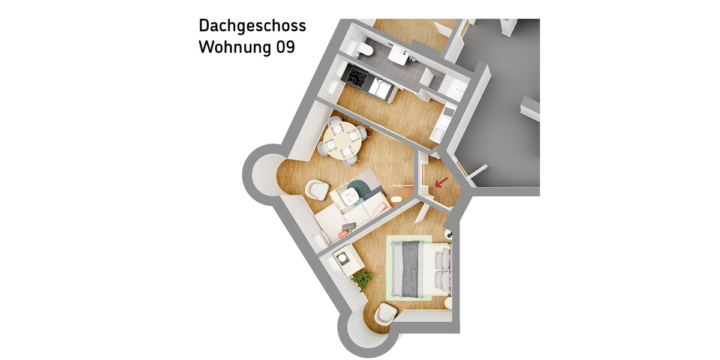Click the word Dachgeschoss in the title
[x=252, y=26]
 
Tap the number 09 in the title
[x=285, y=47]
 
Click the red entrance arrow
[x=440, y=182]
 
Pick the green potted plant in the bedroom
[x=362, y=278]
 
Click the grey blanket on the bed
[x=411, y=268]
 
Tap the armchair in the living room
[x=316, y=190]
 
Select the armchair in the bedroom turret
[x=385, y=314]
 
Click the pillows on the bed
[x=443, y=269]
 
